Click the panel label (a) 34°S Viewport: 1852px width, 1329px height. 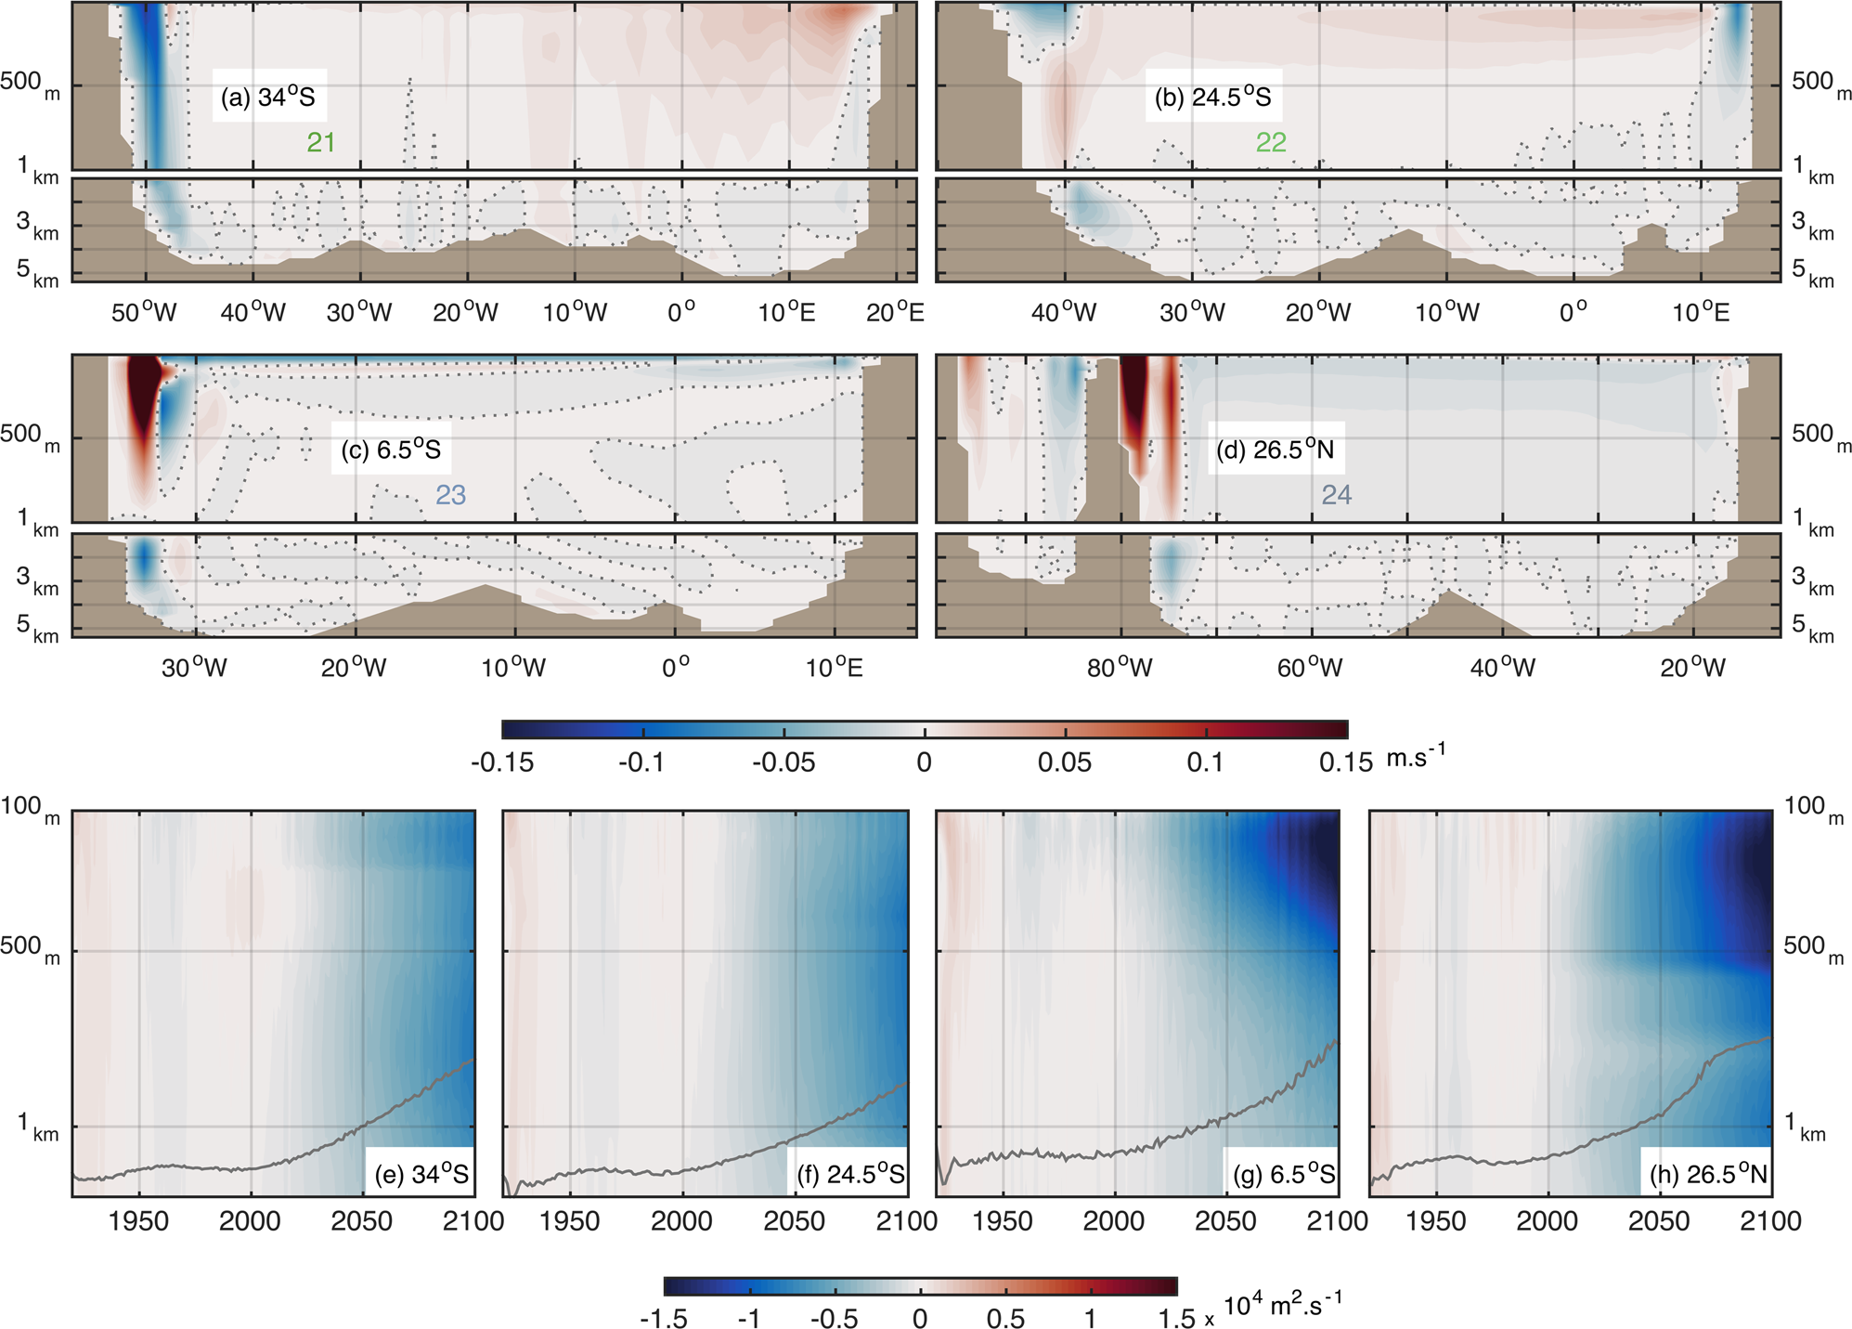[268, 97]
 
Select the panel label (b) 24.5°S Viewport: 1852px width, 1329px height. [1212, 97]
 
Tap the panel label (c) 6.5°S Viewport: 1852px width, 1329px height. [390, 450]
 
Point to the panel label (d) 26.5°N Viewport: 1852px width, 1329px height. [1275, 450]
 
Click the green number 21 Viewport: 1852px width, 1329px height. [321, 142]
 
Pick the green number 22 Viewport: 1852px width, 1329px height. [1271, 142]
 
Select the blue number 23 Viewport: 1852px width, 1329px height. [450, 495]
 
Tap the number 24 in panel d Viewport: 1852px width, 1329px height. [1336, 495]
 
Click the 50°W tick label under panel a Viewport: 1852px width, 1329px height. [144, 313]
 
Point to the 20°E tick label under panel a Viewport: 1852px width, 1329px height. [895, 313]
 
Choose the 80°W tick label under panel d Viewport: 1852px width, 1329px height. [1120, 668]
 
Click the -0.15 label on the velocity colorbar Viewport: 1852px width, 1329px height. [502, 763]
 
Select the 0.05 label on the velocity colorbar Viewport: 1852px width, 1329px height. [1064, 763]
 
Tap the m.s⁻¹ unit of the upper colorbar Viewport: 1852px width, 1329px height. [1416, 757]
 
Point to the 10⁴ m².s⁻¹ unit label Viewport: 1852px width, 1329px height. [1282, 1306]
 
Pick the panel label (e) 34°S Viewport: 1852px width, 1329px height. [421, 1175]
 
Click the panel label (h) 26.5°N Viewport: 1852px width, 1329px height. [1708, 1175]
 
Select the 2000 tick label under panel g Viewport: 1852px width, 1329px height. [1114, 1221]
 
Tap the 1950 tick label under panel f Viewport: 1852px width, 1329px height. [569, 1221]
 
